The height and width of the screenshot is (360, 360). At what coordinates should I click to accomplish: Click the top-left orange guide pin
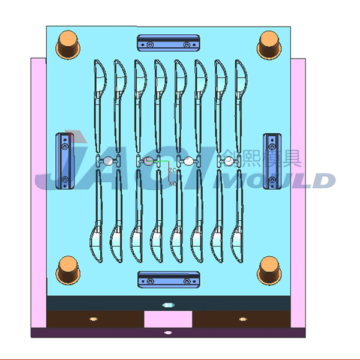click(x=67, y=44)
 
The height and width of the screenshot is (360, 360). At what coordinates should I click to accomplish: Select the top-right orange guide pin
click(x=269, y=44)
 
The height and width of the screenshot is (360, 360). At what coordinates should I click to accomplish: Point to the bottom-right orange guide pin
click(x=269, y=270)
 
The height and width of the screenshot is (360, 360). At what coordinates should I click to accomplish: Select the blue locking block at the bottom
click(x=167, y=279)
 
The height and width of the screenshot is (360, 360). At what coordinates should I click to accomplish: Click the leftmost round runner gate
click(x=108, y=161)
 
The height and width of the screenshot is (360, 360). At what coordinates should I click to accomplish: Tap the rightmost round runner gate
click(x=229, y=161)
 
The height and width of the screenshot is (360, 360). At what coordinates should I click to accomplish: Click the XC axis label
click(x=173, y=183)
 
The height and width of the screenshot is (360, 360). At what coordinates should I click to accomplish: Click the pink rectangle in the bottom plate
click(x=168, y=319)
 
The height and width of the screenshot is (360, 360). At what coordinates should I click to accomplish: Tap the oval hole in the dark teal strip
click(x=167, y=305)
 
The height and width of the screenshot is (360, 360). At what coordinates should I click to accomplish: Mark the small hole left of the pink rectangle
click(x=93, y=319)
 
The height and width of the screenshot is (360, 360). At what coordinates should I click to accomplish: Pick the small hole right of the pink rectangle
click(x=242, y=319)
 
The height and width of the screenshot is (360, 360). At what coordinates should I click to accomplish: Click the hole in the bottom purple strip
click(x=167, y=332)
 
